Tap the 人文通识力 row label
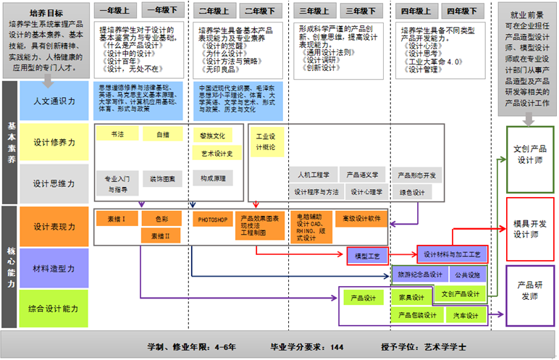pyautogui.click(x=54, y=101)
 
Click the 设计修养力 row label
pyautogui.click(x=54, y=143)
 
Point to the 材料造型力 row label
pyautogui.click(x=54, y=269)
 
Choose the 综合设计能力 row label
pyautogui.click(x=54, y=309)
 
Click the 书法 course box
pyautogui.click(x=117, y=134)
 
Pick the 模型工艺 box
pyautogui.click(x=368, y=255)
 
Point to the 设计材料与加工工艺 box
pyautogui.click(x=453, y=254)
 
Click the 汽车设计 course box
pyautogui.click(x=466, y=315)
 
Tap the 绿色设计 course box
pyautogui.click(x=411, y=192)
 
